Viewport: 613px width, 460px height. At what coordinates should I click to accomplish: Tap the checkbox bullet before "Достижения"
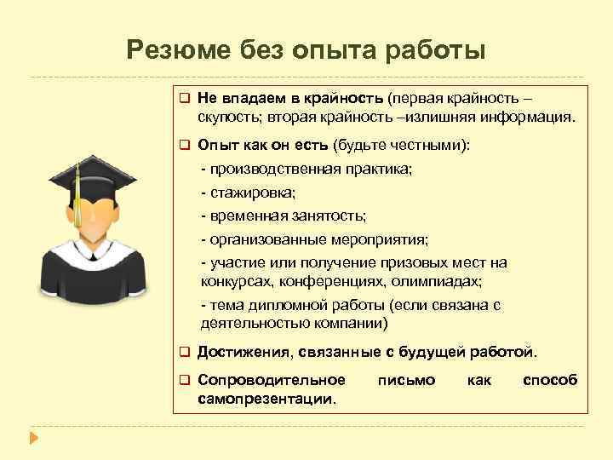point(183,350)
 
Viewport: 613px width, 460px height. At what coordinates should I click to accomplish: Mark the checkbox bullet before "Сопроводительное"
point(183,380)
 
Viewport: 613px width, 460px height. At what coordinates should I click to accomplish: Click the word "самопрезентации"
point(266,397)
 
